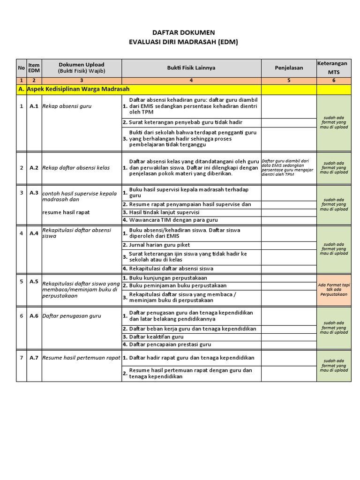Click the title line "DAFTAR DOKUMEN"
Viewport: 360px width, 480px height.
pos(184,32)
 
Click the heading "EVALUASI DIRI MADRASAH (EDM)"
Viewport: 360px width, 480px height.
pos(184,42)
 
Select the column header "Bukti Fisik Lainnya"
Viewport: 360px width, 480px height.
pos(191,67)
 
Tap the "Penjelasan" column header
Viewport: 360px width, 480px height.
pos(289,67)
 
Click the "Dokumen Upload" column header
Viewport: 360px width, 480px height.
pos(82,67)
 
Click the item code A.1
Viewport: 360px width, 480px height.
pos(34,106)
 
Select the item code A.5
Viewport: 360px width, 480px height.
pos(34,281)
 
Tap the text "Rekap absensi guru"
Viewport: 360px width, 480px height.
pos(67,106)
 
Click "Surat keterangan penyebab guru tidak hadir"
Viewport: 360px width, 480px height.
pos(186,122)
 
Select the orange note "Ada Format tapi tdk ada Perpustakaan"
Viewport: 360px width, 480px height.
pos(333,290)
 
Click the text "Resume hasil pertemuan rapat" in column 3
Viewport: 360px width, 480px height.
pos(81,358)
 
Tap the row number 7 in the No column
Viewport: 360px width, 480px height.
pos(21,358)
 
